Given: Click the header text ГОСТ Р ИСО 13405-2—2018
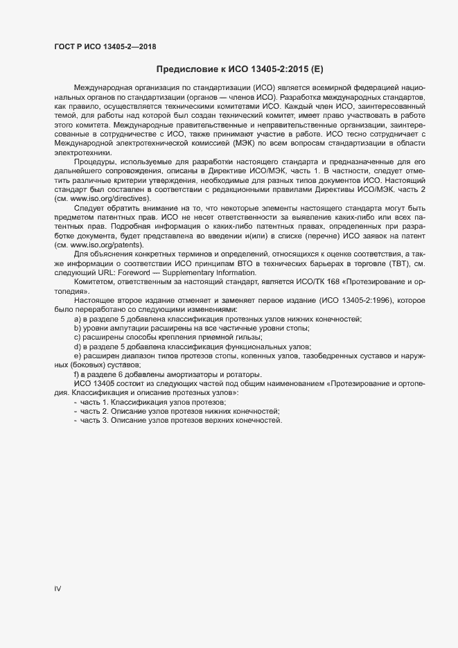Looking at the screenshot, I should pos(105,46).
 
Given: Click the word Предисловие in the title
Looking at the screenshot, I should pos(185,69).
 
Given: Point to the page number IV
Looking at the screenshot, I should pos(58,588).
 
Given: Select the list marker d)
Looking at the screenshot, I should pos(77,347).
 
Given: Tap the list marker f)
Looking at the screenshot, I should pos(76,374).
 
